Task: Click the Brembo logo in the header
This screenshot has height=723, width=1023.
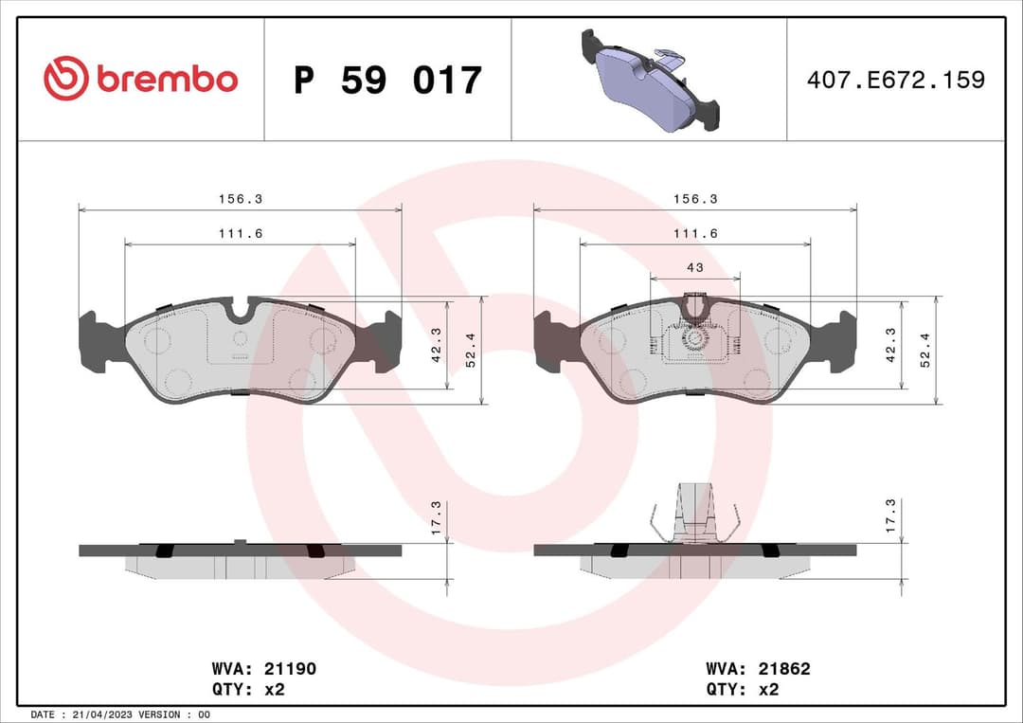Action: (x=140, y=80)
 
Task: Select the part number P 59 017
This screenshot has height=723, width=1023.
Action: (x=387, y=81)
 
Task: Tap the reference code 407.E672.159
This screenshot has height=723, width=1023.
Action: (x=895, y=80)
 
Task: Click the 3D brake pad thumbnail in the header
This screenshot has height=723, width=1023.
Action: (x=649, y=80)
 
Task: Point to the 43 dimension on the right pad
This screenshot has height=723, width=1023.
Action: (x=694, y=268)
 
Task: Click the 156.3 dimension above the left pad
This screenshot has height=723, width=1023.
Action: (x=241, y=199)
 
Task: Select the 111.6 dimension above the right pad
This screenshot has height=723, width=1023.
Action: (x=694, y=233)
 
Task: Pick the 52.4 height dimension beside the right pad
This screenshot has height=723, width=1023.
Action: (x=925, y=350)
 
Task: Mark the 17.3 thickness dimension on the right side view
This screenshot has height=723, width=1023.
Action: (x=891, y=519)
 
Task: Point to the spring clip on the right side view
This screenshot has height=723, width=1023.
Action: (x=694, y=516)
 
